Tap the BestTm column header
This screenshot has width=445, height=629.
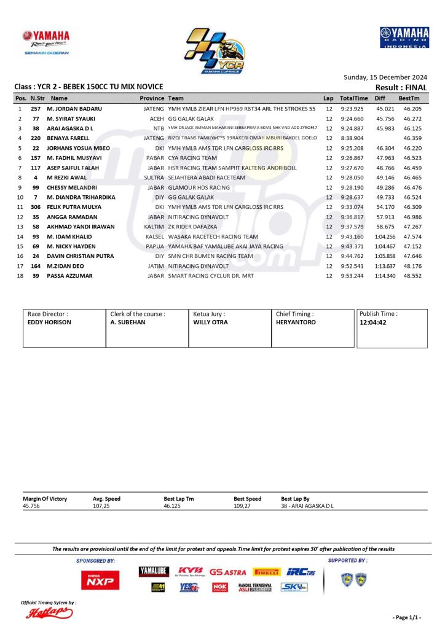pyautogui.click(x=409, y=98)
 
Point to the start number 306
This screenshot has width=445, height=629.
pyautogui.click(x=36, y=207)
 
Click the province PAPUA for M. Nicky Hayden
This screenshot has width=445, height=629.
pyautogui.click(x=154, y=246)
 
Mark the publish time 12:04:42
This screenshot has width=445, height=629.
pyautogui.click(x=373, y=322)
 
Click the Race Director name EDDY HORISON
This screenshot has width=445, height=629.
pyautogui.click(x=50, y=322)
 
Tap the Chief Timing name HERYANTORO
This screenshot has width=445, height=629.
pyautogui.click(x=296, y=322)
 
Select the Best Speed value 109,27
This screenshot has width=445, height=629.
pyautogui.click(x=244, y=506)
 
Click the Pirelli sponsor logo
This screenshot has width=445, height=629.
pyautogui.click(x=267, y=572)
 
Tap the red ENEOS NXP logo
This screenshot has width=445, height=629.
pyautogui.click(x=100, y=580)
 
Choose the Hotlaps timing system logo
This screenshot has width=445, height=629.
pyautogui.click(x=49, y=612)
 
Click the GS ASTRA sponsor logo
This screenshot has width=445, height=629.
pyautogui.click(x=227, y=572)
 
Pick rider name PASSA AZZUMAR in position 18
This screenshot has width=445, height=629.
pyautogui.click(x=69, y=276)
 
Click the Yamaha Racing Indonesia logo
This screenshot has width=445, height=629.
pyautogui.click(x=404, y=37)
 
